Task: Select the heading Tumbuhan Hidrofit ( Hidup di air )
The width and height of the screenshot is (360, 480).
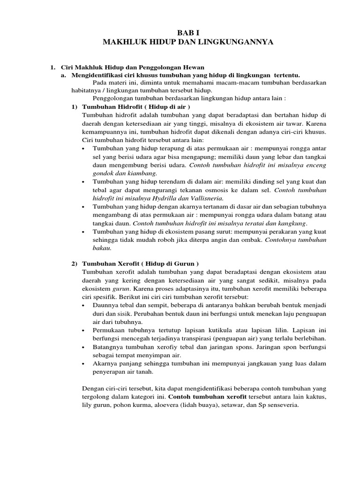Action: point(135,107)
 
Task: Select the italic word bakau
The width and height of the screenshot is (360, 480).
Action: point(102,248)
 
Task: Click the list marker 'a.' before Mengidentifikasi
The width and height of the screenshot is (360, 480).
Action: point(64,75)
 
